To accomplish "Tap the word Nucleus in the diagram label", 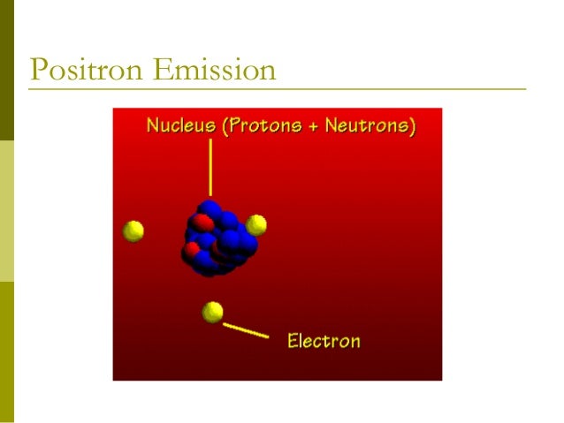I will (x=180, y=125).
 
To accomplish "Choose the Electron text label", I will (x=324, y=340).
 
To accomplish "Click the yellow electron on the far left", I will (x=133, y=231).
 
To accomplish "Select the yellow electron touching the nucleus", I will (x=256, y=224).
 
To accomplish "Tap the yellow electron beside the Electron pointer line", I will (x=212, y=312).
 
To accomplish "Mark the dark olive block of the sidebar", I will (x=7, y=71).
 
